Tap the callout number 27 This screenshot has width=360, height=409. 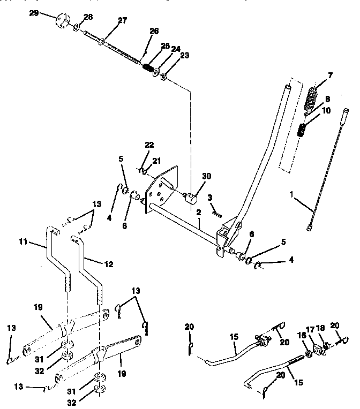pyautogui.click(x=123, y=21)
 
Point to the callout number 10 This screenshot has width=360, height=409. pyautogui.click(x=326, y=111)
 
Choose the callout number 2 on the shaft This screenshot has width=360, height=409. pyautogui.click(x=198, y=213)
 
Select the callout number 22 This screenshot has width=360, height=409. pyautogui.click(x=149, y=145)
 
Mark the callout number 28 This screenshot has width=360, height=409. pyautogui.click(x=88, y=17)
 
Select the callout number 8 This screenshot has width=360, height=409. pyautogui.click(x=327, y=99)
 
